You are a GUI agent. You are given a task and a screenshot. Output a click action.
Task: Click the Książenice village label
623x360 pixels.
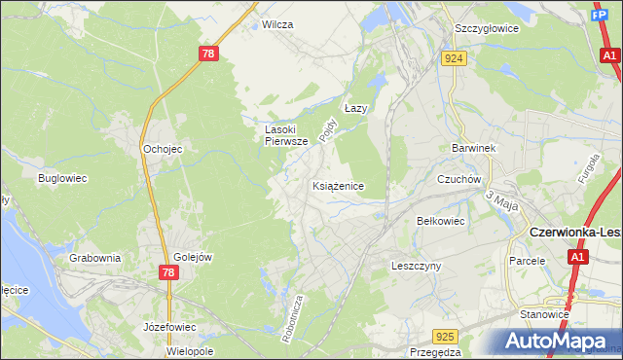pos(339,185)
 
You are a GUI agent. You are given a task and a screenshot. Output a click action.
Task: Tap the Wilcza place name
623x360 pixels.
pos(277,24)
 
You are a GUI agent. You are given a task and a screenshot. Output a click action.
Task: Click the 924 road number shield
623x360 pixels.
pos(454,58)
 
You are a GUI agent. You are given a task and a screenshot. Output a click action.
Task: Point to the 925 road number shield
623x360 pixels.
pos(445,337)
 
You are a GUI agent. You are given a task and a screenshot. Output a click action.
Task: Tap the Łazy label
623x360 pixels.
pos(356,108)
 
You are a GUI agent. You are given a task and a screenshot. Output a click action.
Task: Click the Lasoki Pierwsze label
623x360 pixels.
pos(286,134)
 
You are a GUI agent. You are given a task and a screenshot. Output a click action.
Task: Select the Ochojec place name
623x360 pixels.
pos(163,149)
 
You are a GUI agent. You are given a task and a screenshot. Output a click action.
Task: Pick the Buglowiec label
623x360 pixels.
pos(63,178)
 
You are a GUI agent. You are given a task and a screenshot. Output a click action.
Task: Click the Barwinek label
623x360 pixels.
pos(474,148)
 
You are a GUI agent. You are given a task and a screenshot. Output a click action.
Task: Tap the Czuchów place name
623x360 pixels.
pos(459,179)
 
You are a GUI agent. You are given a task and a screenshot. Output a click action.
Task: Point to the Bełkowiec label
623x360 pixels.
pos(441,221)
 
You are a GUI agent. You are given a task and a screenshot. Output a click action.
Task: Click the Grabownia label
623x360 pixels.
pos(94,258)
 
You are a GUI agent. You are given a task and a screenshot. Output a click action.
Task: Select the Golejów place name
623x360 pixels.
pos(193,257)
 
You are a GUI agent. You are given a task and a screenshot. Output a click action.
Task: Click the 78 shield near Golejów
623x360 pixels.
pos(167,273)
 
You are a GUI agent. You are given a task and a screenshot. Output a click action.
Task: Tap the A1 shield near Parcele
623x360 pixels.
pos(578,257)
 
